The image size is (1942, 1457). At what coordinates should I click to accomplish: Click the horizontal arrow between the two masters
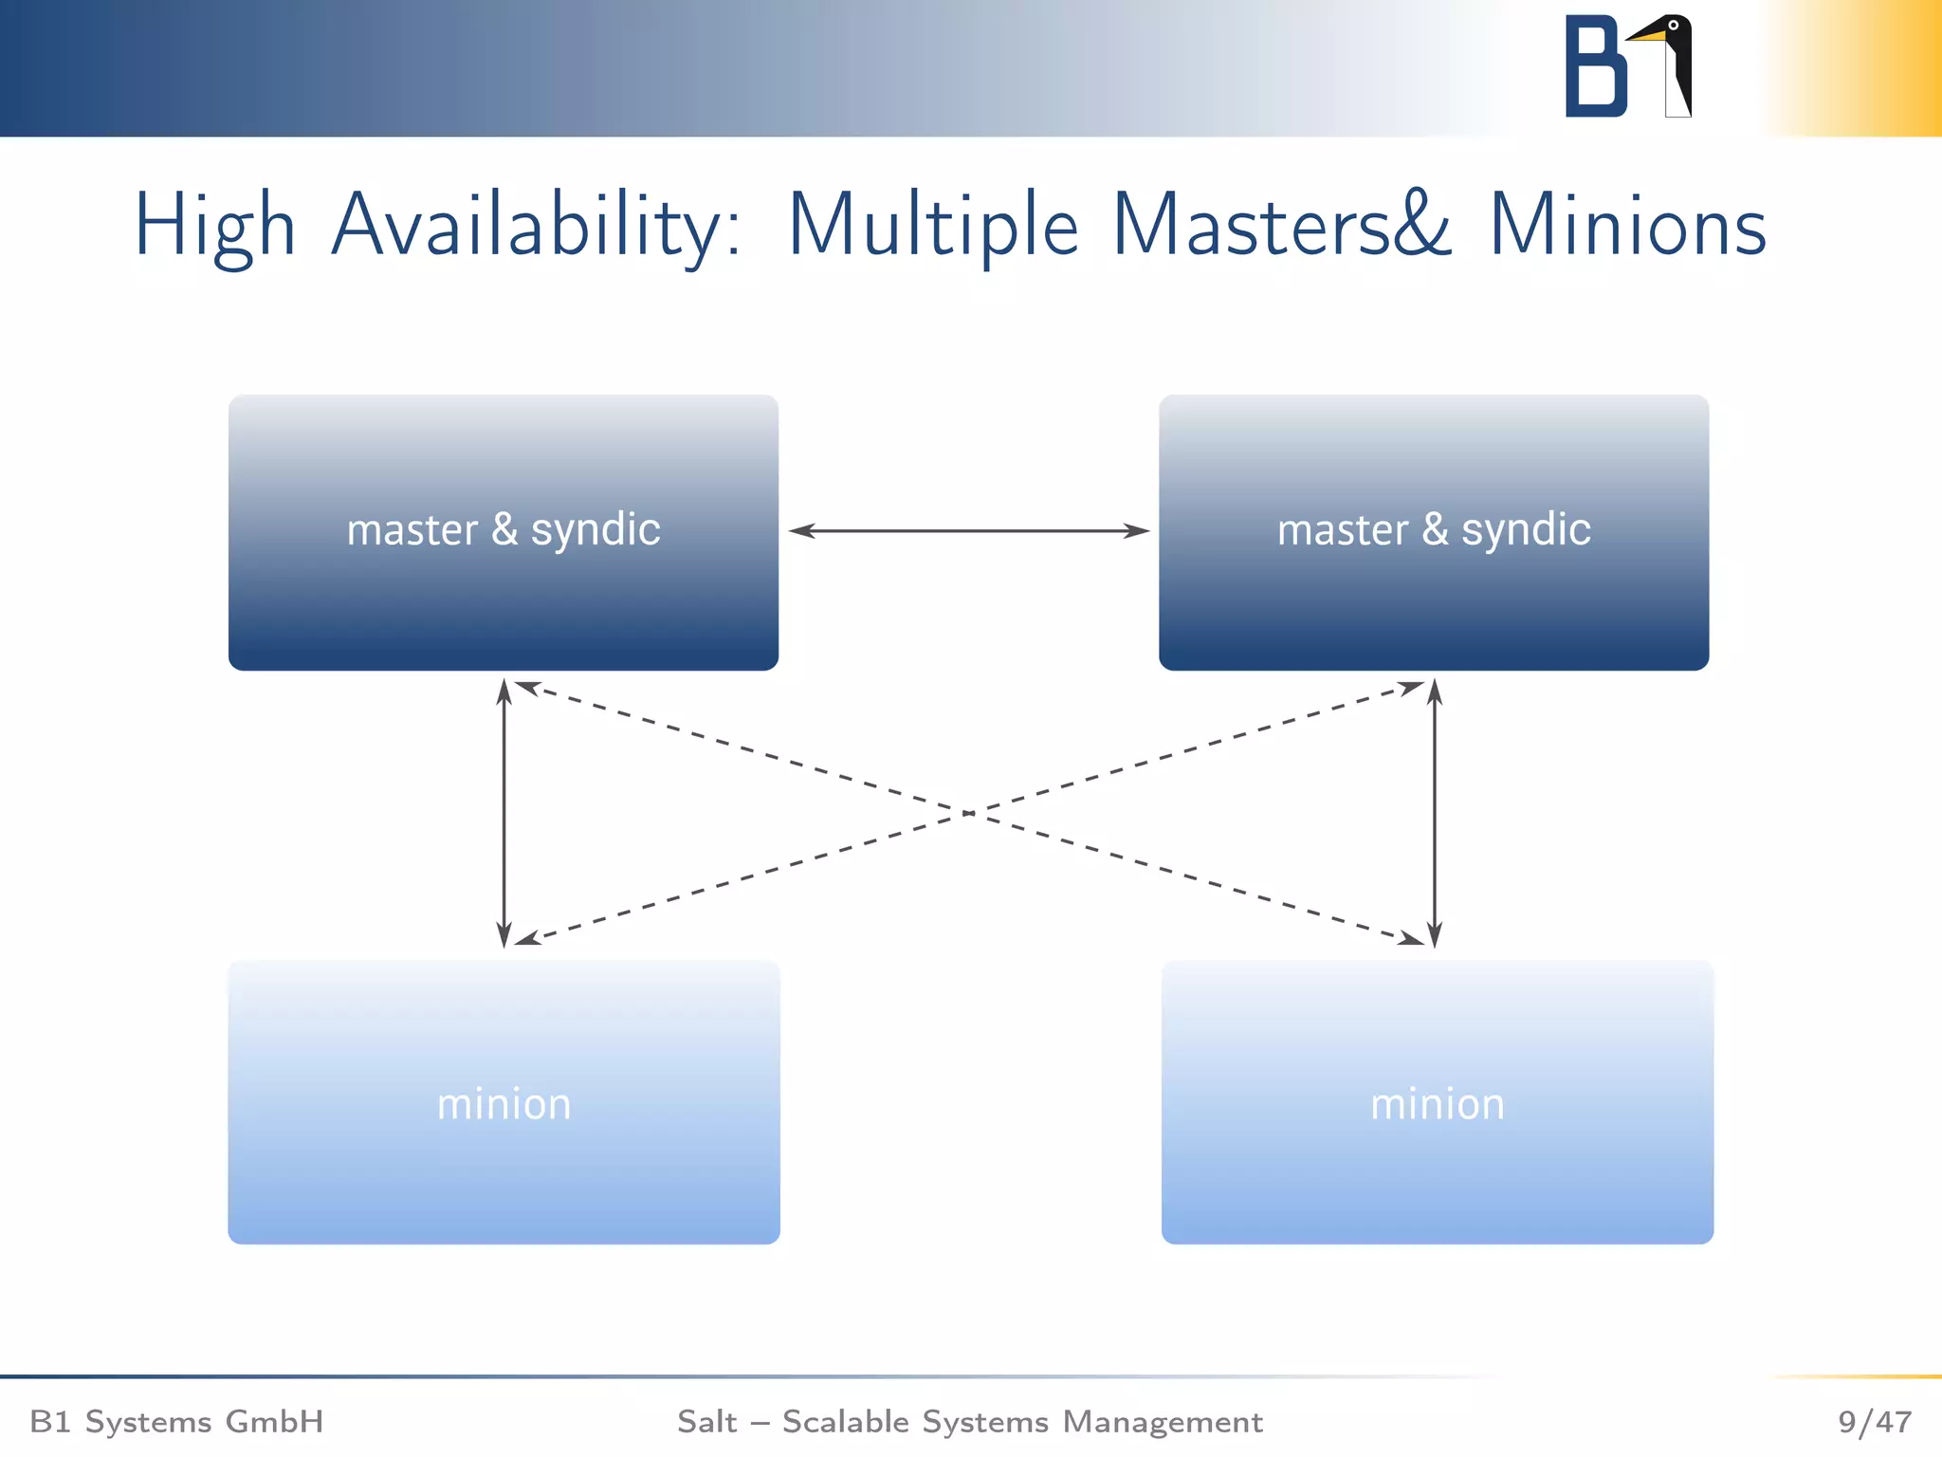(969, 531)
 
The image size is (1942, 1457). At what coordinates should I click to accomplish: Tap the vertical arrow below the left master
(504, 813)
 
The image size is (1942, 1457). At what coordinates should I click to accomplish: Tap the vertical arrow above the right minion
(1435, 813)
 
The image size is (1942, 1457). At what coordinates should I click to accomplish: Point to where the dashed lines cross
(969, 813)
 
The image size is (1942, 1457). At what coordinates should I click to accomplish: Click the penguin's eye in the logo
(1674, 26)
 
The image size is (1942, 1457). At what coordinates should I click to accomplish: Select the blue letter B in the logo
(1594, 66)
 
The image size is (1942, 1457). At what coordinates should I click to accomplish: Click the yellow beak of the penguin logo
(1648, 36)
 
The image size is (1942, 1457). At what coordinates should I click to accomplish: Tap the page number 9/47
(1874, 1421)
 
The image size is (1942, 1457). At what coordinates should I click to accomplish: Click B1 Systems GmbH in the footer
(176, 1421)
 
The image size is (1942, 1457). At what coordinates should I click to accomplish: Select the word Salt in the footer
(706, 1421)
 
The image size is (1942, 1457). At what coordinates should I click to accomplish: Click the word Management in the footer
(1163, 1421)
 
